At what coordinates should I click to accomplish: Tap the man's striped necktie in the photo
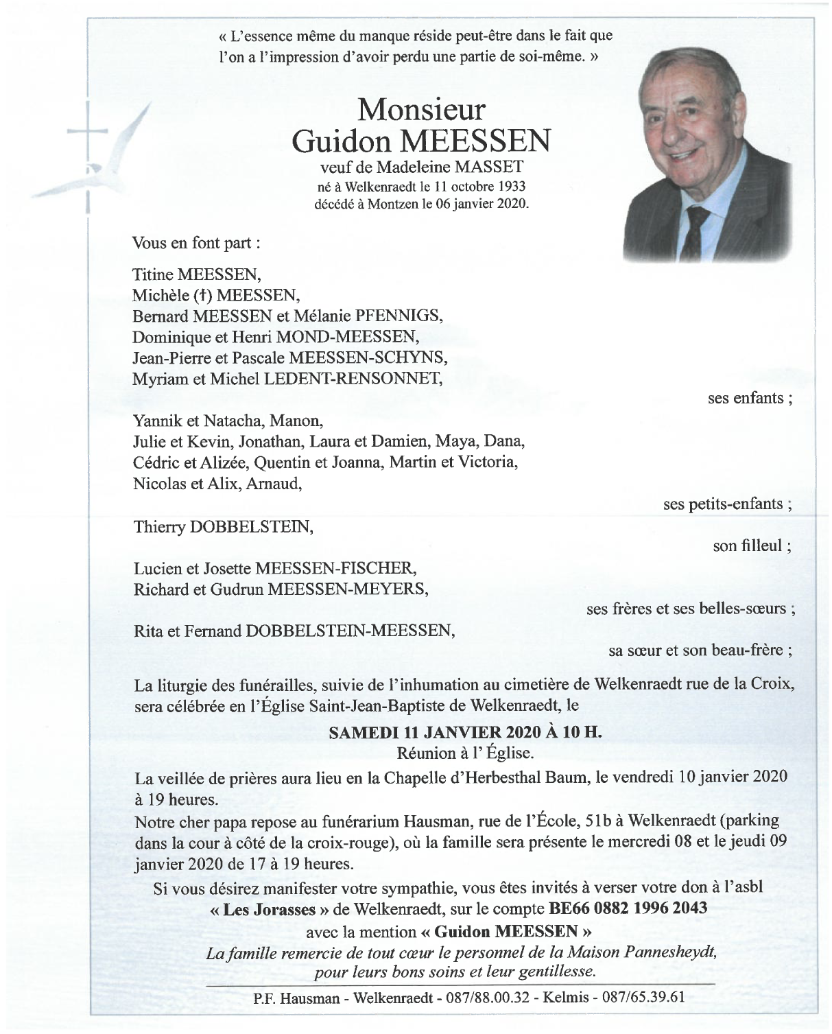coord(697,233)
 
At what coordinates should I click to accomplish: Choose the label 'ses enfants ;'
coord(750,398)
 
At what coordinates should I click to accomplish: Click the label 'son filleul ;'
coord(752,546)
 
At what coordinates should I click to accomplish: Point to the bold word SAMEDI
coord(360,732)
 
